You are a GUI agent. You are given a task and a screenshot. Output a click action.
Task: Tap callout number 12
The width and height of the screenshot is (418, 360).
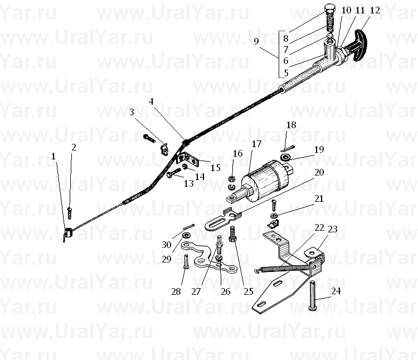pos(375,11)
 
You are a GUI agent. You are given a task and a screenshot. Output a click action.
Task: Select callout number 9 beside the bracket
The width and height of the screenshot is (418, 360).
pos(256,42)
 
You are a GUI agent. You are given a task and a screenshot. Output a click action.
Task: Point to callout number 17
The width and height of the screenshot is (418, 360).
pos(256,144)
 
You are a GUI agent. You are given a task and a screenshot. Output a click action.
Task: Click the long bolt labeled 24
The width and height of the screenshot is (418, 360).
pos(312,296)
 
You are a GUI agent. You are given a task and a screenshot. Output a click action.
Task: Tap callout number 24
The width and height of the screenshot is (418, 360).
pos(336,291)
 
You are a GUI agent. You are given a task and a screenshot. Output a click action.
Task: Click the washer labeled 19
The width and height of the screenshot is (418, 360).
pos(285,157)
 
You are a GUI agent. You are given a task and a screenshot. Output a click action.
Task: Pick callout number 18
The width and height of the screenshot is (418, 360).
pos(291,125)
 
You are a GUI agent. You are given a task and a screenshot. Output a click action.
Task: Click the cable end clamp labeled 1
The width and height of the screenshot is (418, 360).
pos(68,233)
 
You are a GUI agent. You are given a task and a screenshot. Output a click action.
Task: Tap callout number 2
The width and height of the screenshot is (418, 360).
pos(74,147)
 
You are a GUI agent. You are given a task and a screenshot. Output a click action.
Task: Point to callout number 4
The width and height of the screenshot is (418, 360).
pos(151,101)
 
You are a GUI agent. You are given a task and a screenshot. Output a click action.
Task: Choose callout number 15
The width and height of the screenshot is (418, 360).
pos(215,168)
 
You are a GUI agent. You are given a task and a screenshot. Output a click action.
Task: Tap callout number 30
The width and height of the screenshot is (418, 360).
pos(166,245)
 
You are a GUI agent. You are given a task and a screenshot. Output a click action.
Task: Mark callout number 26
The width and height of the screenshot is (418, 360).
pos(226,291)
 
